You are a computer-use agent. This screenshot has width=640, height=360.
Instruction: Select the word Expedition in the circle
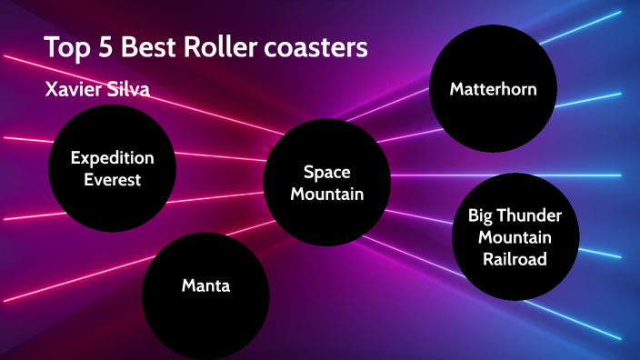point(113,158)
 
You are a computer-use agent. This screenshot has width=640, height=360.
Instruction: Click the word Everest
point(113,179)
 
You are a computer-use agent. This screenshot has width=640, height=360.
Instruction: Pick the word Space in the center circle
point(326,172)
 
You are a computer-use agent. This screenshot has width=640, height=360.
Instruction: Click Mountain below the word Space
point(326,194)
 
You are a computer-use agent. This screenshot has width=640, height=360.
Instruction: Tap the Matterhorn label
point(493,89)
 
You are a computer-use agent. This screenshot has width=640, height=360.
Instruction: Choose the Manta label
point(205,286)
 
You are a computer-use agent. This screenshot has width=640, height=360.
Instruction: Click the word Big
point(483,216)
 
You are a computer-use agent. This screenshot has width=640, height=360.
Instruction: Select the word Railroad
point(515,259)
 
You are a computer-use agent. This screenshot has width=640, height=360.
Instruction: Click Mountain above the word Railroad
point(515,237)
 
